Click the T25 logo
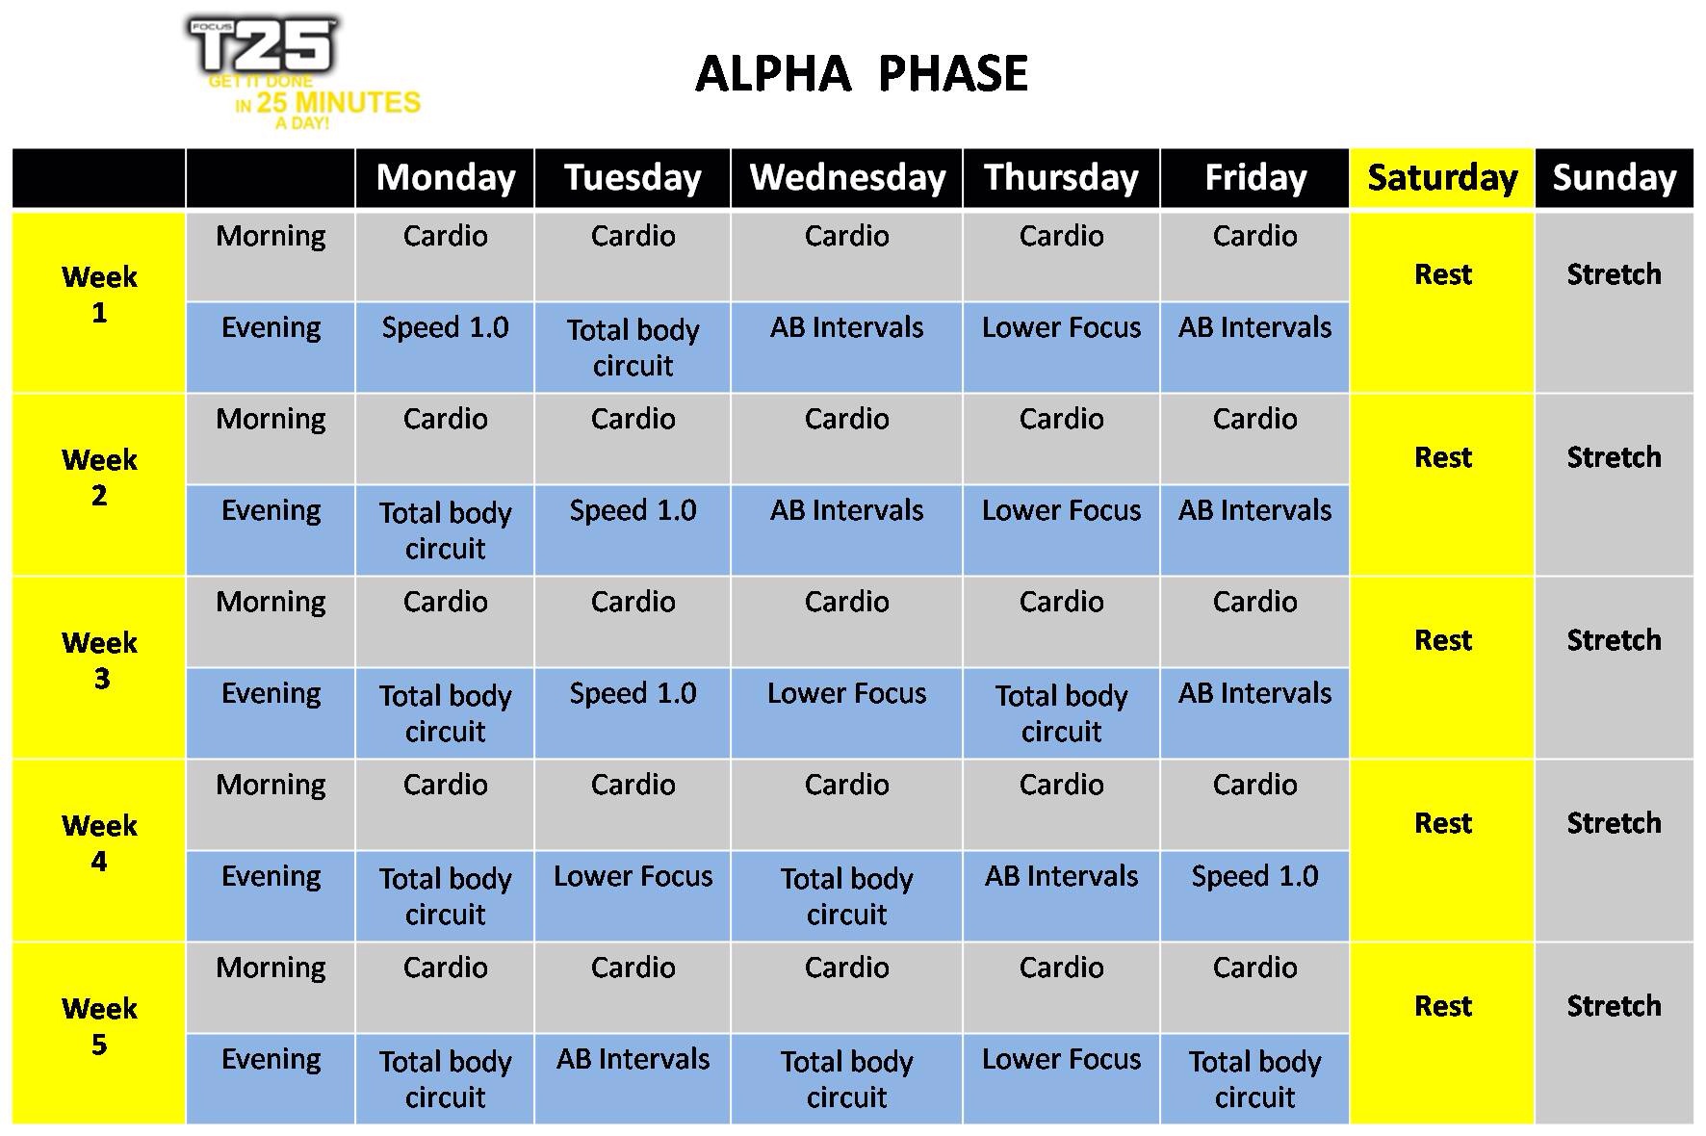click(302, 73)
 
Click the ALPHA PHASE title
click(862, 74)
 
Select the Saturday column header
click(1442, 178)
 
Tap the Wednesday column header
click(847, 178)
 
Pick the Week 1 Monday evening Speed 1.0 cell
click(445, 347)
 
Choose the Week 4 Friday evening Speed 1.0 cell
click(1254, 895)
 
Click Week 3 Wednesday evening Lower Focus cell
click(847, 712)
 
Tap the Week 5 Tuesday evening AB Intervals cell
click(633, 1078)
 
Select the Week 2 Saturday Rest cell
click(1442, 485)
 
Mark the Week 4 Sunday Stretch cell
click(1614, 851)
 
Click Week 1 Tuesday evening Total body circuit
click(633, 348)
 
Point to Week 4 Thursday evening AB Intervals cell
click(1061, 895)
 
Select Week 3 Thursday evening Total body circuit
click(1061, 713)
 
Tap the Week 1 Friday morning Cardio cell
click(1254, 256)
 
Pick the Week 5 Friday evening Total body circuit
click(1254, 1079)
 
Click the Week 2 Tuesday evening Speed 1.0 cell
click(633, 529)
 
